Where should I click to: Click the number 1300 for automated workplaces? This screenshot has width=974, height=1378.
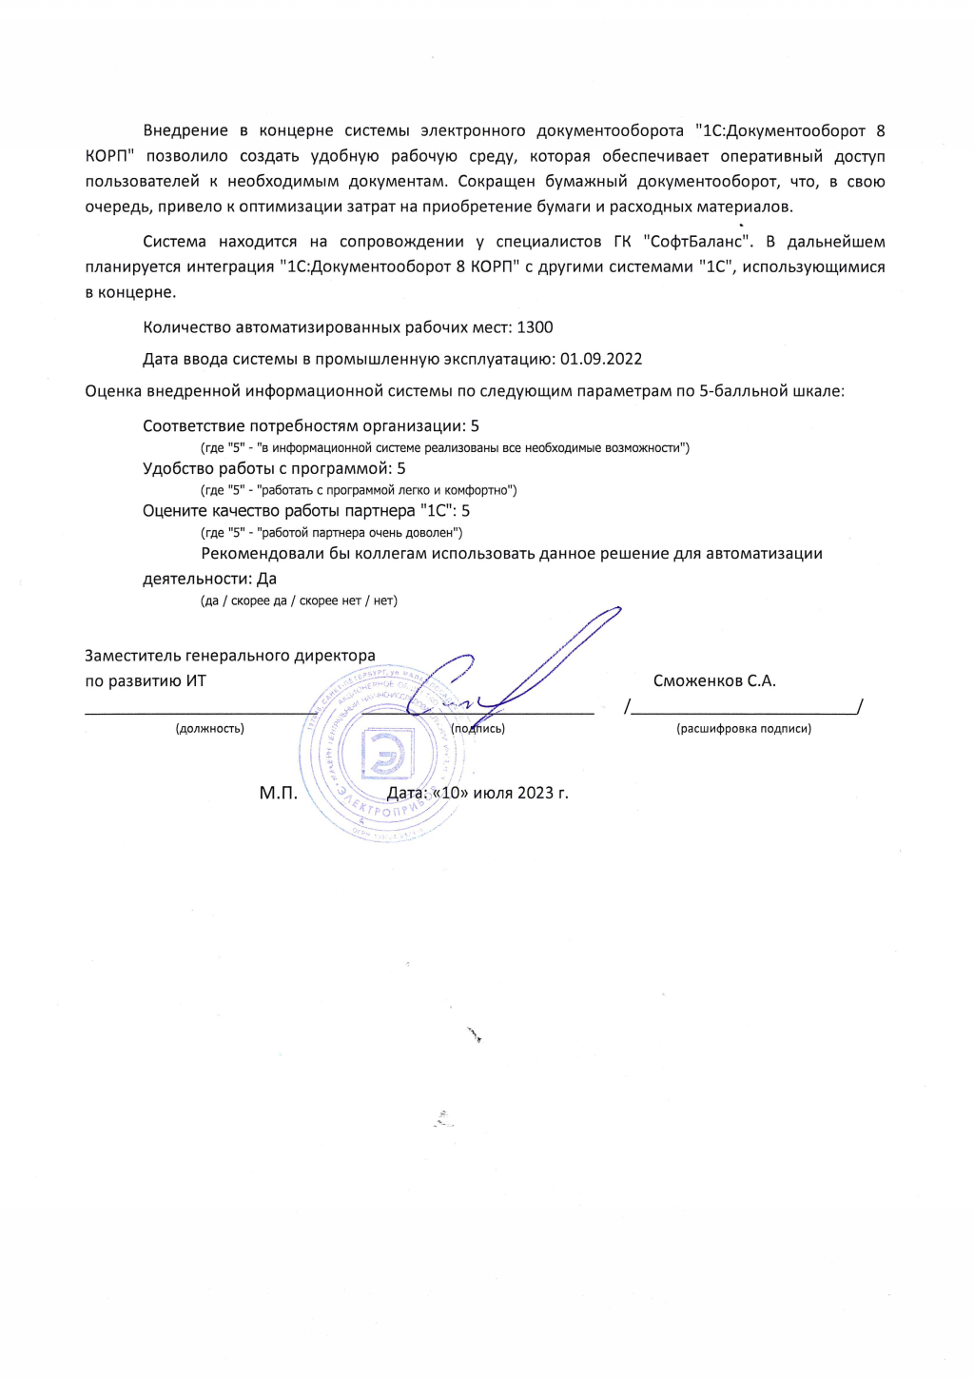pos(535,327)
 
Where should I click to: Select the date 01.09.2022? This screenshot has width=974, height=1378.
pos(601,359)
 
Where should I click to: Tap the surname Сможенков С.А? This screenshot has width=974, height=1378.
pos(714,680)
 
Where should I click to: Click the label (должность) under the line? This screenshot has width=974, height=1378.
pos(209,729)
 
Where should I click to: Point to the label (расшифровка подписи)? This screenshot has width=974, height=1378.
pos(744,729)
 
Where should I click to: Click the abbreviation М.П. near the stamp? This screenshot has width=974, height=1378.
pos(279,793)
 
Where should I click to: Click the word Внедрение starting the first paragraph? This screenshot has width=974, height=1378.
pos(185,130)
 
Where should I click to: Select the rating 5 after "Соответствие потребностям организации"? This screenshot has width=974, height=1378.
pos(475,426)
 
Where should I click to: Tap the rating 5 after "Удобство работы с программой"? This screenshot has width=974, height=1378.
pos(401,468)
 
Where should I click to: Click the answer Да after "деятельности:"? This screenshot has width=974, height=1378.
pos(266,579)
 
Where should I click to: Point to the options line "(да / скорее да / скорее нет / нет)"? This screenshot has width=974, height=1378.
pos(299,601)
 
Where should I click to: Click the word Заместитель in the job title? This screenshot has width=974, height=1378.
pos(133,656)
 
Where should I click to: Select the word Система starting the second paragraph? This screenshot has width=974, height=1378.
pos(174,242)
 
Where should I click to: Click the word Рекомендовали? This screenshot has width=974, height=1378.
pos(263,554)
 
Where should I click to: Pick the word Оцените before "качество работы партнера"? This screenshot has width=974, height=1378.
pos(175,511)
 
